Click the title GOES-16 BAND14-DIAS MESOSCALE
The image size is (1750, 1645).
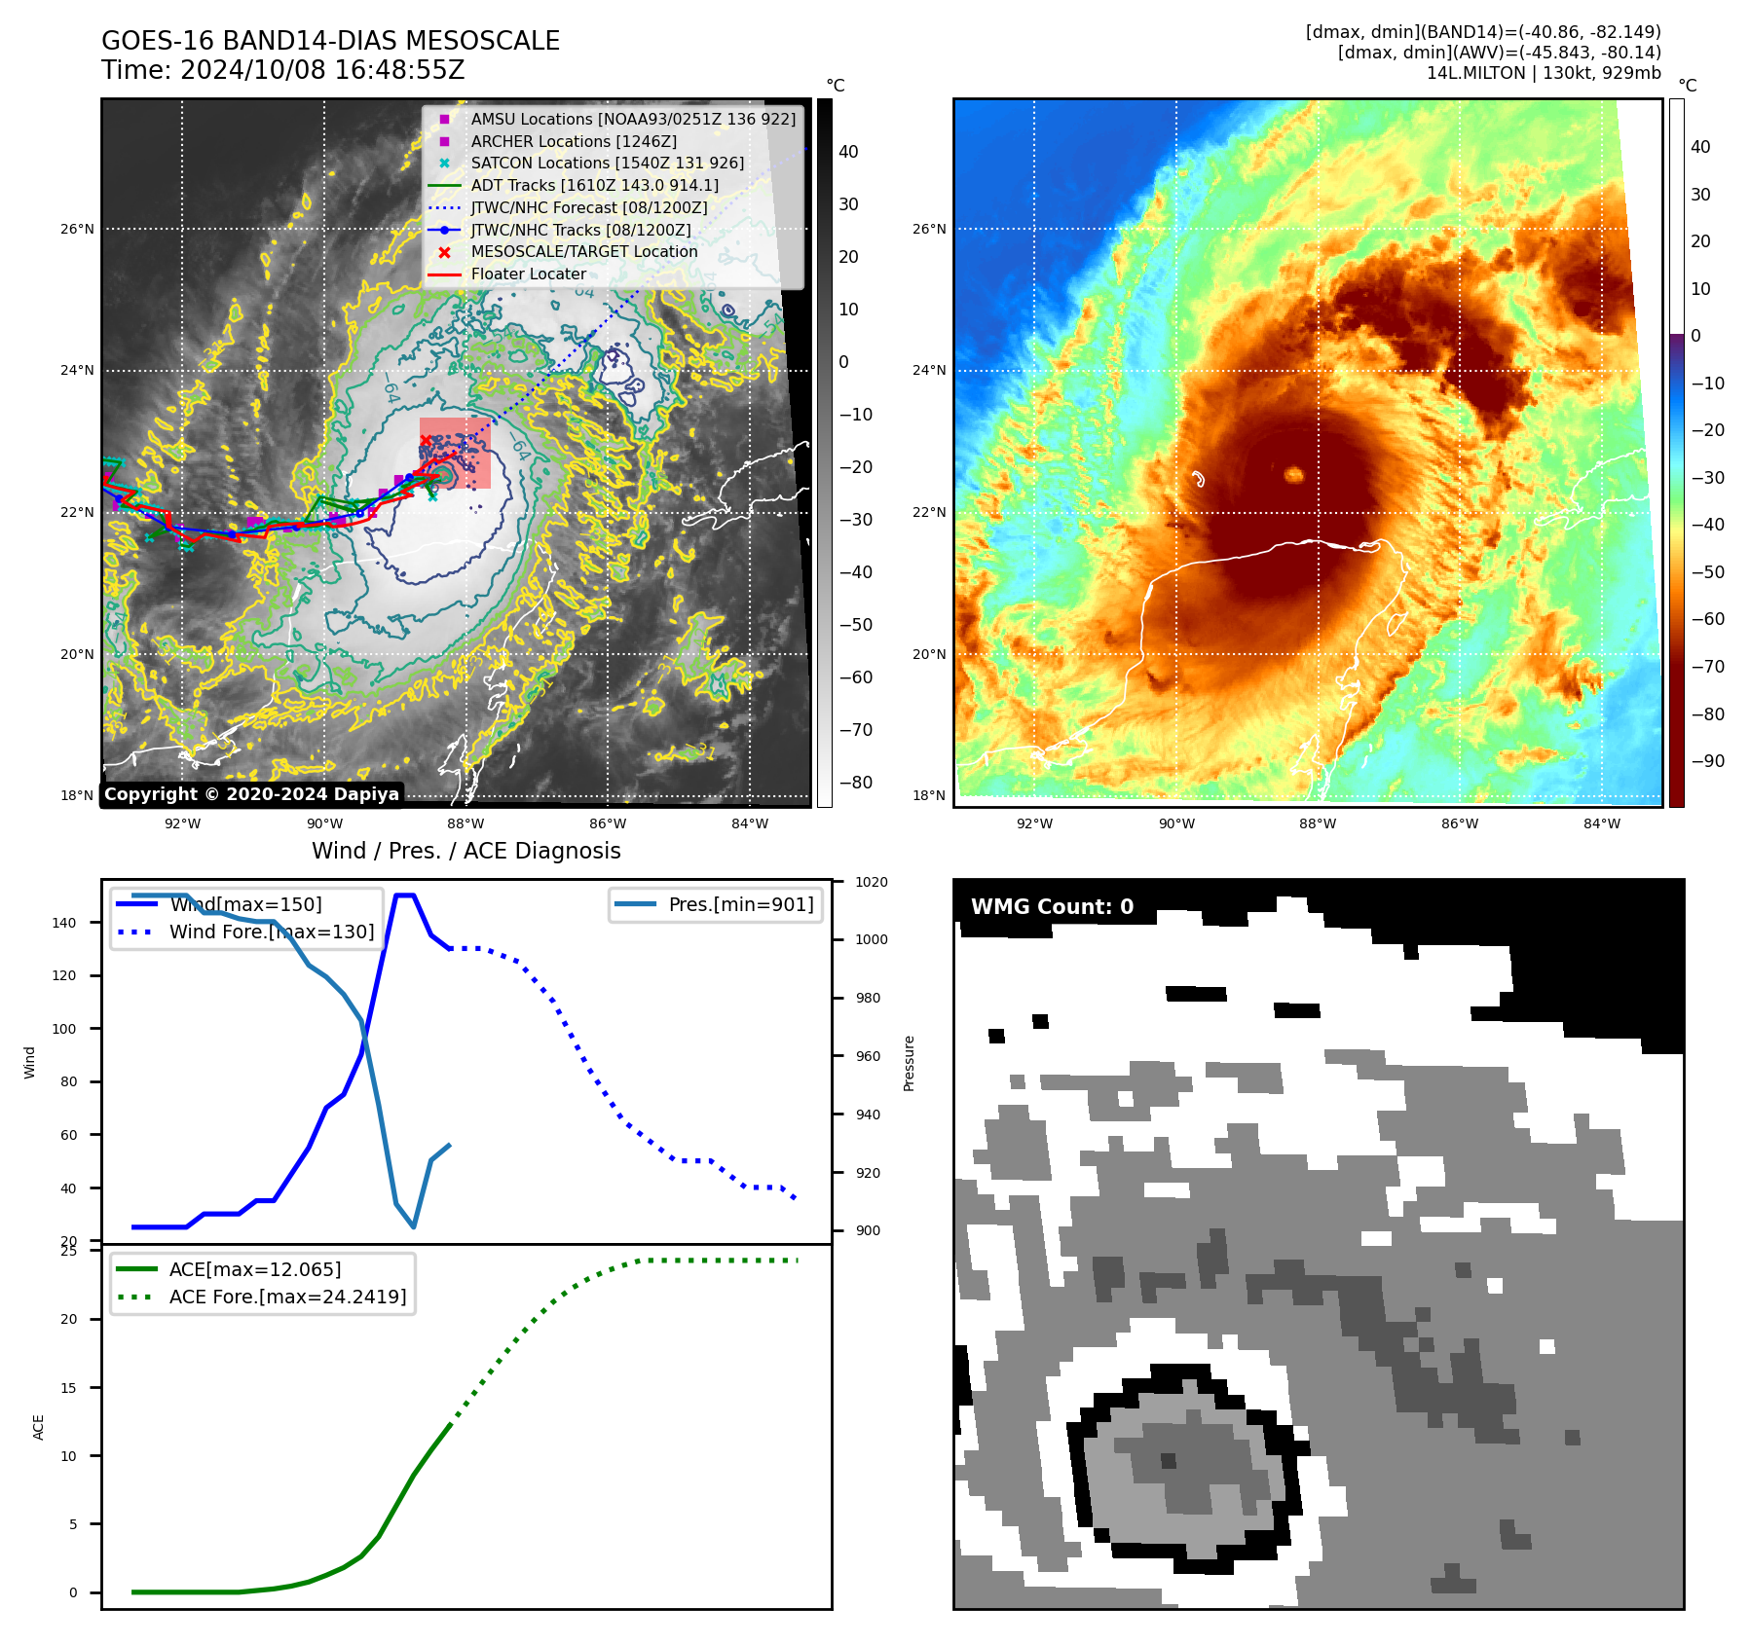330,41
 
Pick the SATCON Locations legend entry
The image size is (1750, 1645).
607,164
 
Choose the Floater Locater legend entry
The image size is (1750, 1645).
528,274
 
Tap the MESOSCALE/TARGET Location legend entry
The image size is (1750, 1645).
583,252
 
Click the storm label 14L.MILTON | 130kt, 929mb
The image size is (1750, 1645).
1544,73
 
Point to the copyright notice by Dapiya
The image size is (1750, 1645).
251,794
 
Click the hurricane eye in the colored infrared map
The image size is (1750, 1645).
1293,475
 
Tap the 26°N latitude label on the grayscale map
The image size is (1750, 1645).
78,230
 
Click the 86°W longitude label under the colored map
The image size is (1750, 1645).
1460,823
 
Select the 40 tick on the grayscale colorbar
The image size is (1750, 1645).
848,152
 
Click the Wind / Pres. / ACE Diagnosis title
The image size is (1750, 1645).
465,851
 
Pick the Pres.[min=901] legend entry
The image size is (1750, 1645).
740,904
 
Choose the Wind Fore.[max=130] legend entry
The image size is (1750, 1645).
271,932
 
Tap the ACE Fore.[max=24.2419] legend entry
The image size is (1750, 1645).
287,1297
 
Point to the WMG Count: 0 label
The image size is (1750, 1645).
1052,907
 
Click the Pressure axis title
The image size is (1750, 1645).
909,1063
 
